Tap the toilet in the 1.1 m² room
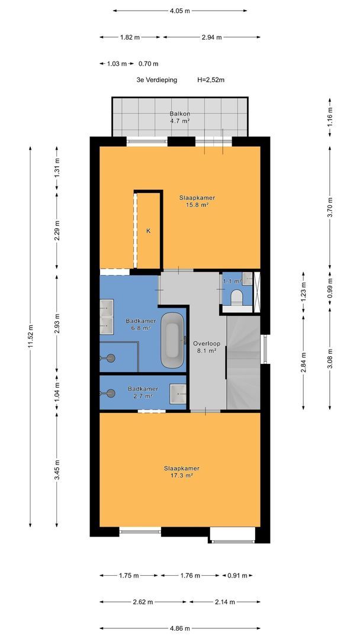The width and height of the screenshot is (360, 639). point(236,296)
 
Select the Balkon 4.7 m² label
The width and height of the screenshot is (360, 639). point(180,117)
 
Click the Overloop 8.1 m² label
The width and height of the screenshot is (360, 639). point(204,346)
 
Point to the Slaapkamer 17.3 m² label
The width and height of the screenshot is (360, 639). point(181,472)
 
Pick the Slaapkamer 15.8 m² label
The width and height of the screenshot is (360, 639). point(197,201)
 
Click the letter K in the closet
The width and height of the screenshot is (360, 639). point(149,231)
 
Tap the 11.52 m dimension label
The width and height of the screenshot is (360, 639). point(31,337)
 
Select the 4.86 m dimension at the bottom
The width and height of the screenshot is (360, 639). point(180,628)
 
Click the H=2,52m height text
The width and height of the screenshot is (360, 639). point(211,80)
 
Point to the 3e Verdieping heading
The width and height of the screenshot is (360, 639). point(157,80)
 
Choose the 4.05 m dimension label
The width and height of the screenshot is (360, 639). point(180,11)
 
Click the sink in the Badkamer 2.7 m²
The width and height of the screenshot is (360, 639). point(179,393)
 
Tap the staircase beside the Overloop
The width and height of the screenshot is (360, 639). point(243,363)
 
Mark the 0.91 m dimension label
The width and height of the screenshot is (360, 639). point(237,576)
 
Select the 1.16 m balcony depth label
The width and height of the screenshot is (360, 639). point(330,117)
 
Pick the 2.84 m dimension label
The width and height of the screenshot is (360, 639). point(304,361)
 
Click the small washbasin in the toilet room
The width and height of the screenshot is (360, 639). point(247,279)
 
